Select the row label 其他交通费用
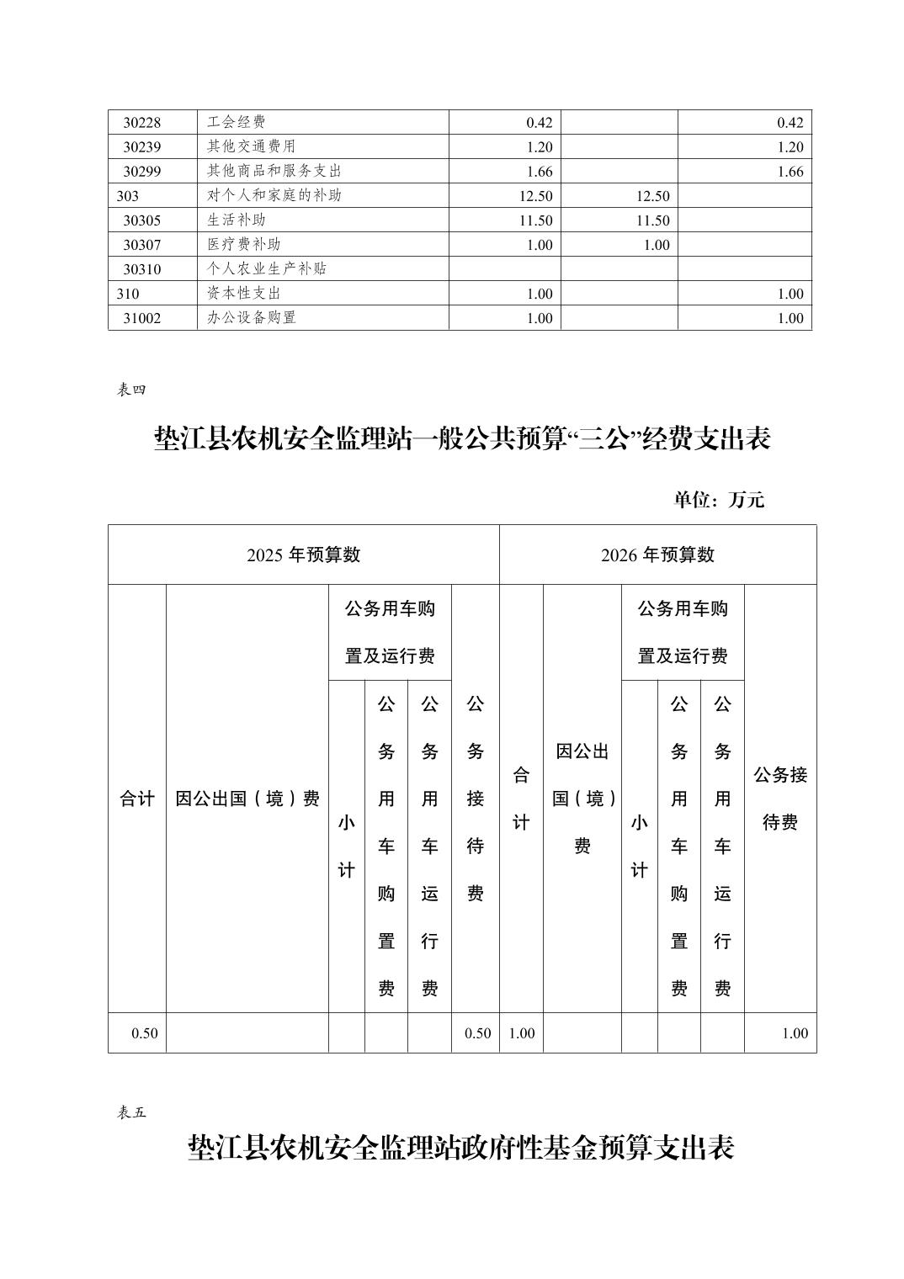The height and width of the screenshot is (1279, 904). [251, 146]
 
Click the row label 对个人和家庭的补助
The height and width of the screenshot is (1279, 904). [274, 195]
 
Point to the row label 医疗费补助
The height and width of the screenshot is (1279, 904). [243, 244]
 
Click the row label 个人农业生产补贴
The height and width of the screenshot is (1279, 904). [266, 269]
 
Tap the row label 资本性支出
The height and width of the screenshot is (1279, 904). [243, 294]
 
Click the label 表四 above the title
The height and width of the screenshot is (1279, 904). [131, 390]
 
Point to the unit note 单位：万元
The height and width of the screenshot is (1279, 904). [718, 499]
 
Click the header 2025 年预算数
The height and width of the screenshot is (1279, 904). [303, 555]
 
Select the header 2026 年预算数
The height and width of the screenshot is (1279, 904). [657, 555]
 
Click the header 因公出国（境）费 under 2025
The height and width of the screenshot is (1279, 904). [247, 799]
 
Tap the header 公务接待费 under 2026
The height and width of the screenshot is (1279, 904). [779, 799]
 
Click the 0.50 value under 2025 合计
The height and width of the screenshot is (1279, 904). [144, 1033]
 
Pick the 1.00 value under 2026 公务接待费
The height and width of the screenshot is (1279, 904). [794, 1033]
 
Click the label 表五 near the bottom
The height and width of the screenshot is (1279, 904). [131, 1112]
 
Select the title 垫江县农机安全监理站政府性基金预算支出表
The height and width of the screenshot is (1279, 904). [460, 1149]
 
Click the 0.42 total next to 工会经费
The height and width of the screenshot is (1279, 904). [539, 123]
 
